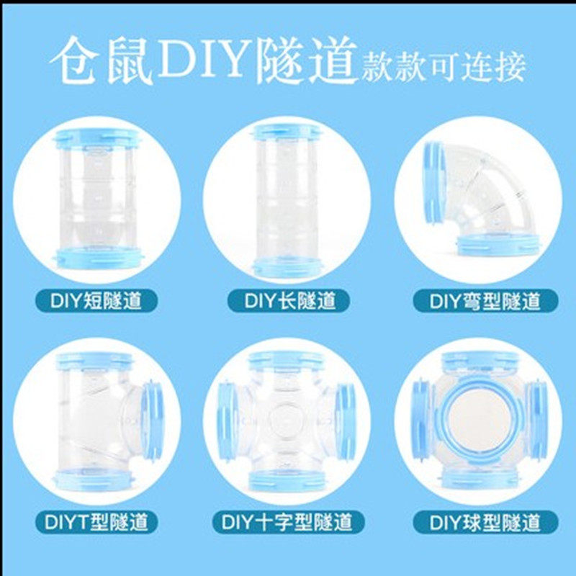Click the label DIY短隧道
[96, 301]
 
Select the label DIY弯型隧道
[485, 301]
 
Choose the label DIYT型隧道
[96, 522]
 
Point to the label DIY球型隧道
[485, 522]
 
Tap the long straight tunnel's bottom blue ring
[287, 266]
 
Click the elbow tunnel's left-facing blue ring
[435, 182]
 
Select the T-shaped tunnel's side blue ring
[153, 421]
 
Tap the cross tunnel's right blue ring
[346, 421]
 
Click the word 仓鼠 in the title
[101, 60]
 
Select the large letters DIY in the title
[204, 58]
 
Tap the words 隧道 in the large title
[307, 60]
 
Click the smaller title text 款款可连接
[444, 67]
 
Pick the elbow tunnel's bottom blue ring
[496, 245]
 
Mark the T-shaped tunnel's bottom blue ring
[94, 480]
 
